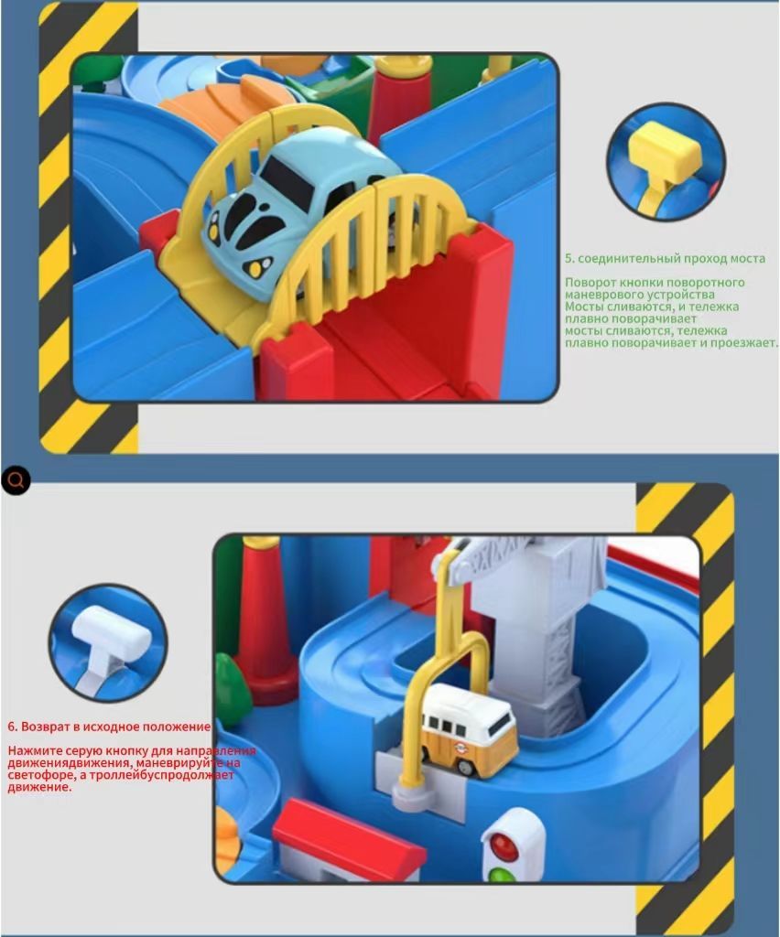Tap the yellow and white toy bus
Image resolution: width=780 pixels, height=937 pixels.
(469, 730)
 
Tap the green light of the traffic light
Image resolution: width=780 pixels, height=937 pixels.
(502, 875)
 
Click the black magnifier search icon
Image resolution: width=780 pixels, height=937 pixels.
(16, 479)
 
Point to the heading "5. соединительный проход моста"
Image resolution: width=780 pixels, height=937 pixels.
(666, 259)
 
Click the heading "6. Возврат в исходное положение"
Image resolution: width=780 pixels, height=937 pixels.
(109, 727)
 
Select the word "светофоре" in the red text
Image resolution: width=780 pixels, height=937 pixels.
(35, 775)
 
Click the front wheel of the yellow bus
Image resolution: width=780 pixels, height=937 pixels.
(465, 766)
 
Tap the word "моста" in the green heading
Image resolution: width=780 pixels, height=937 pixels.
(746, 259)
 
